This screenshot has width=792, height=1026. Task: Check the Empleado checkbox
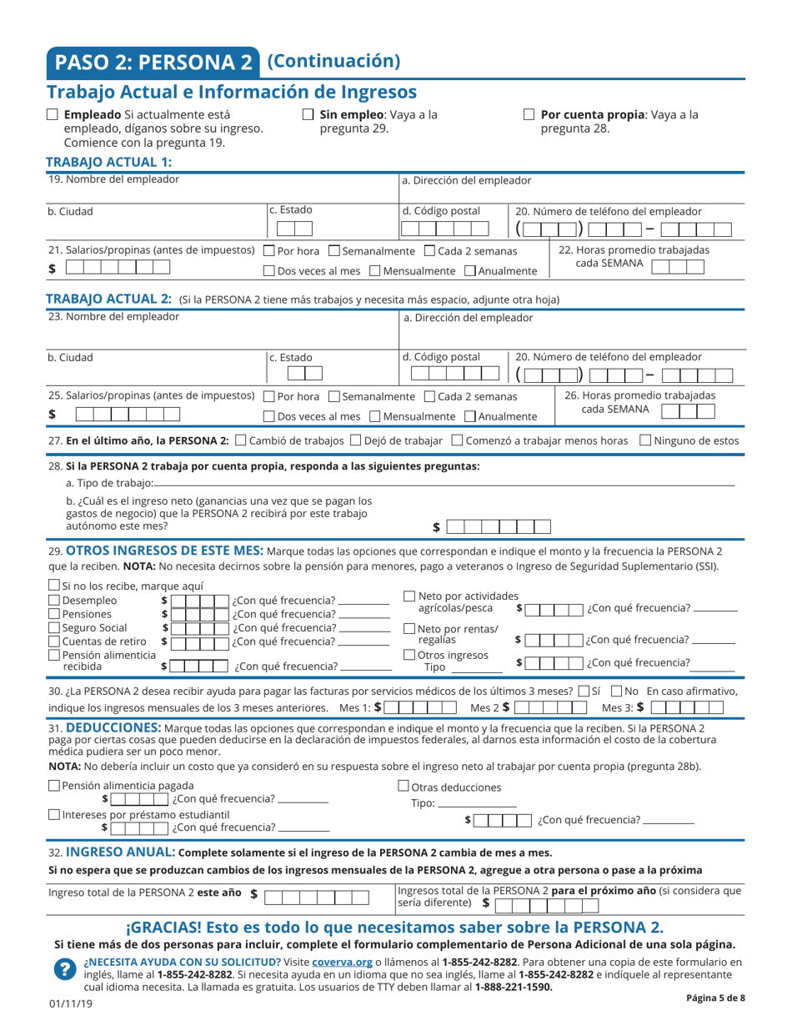[53, 115]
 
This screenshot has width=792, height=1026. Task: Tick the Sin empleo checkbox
[308, 115]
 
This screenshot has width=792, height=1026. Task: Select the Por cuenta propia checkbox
[529, 115]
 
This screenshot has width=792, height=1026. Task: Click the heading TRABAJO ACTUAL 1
[108, 162]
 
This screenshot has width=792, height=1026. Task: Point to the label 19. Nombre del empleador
[113, 179]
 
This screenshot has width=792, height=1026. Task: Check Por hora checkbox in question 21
[269, 251]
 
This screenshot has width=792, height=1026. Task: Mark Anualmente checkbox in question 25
[470, 416]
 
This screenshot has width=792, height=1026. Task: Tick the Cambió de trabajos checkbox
[242, 440]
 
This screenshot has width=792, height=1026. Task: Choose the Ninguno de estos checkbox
[644, 440]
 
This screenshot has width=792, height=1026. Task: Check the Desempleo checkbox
[54, 601]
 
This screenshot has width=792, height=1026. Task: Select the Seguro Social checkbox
[54, 627]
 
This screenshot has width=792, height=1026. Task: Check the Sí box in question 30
[583, 691]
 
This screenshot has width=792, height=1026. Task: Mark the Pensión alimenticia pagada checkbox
[54, 785]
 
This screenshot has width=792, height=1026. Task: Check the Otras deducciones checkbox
[404, 786]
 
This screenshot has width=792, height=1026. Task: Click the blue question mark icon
[64, 968]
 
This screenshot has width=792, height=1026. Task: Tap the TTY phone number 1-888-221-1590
[513, 987]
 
